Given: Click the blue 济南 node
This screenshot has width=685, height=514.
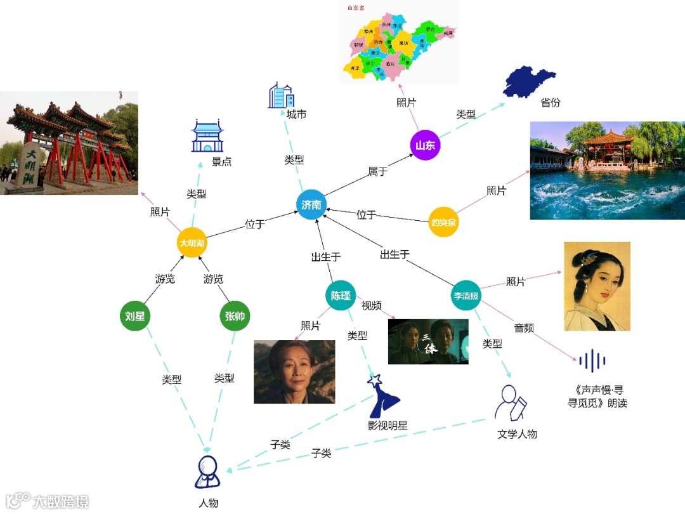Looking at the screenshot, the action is coord(311,205).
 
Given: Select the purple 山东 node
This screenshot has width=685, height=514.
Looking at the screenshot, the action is coord(425,145).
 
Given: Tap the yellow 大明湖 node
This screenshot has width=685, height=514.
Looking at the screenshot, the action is coord(192,243).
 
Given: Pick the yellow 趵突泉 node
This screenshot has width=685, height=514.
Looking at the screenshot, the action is coord(443,222).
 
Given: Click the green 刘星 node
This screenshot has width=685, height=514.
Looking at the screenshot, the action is coord(135,316).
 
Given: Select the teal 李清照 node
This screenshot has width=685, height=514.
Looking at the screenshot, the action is coord(467,296).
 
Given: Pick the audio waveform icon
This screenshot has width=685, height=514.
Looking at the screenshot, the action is coord(592,360).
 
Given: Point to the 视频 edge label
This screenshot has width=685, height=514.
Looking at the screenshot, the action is coord(372,306).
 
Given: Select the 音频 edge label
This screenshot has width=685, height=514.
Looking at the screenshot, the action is coord(524,328).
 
